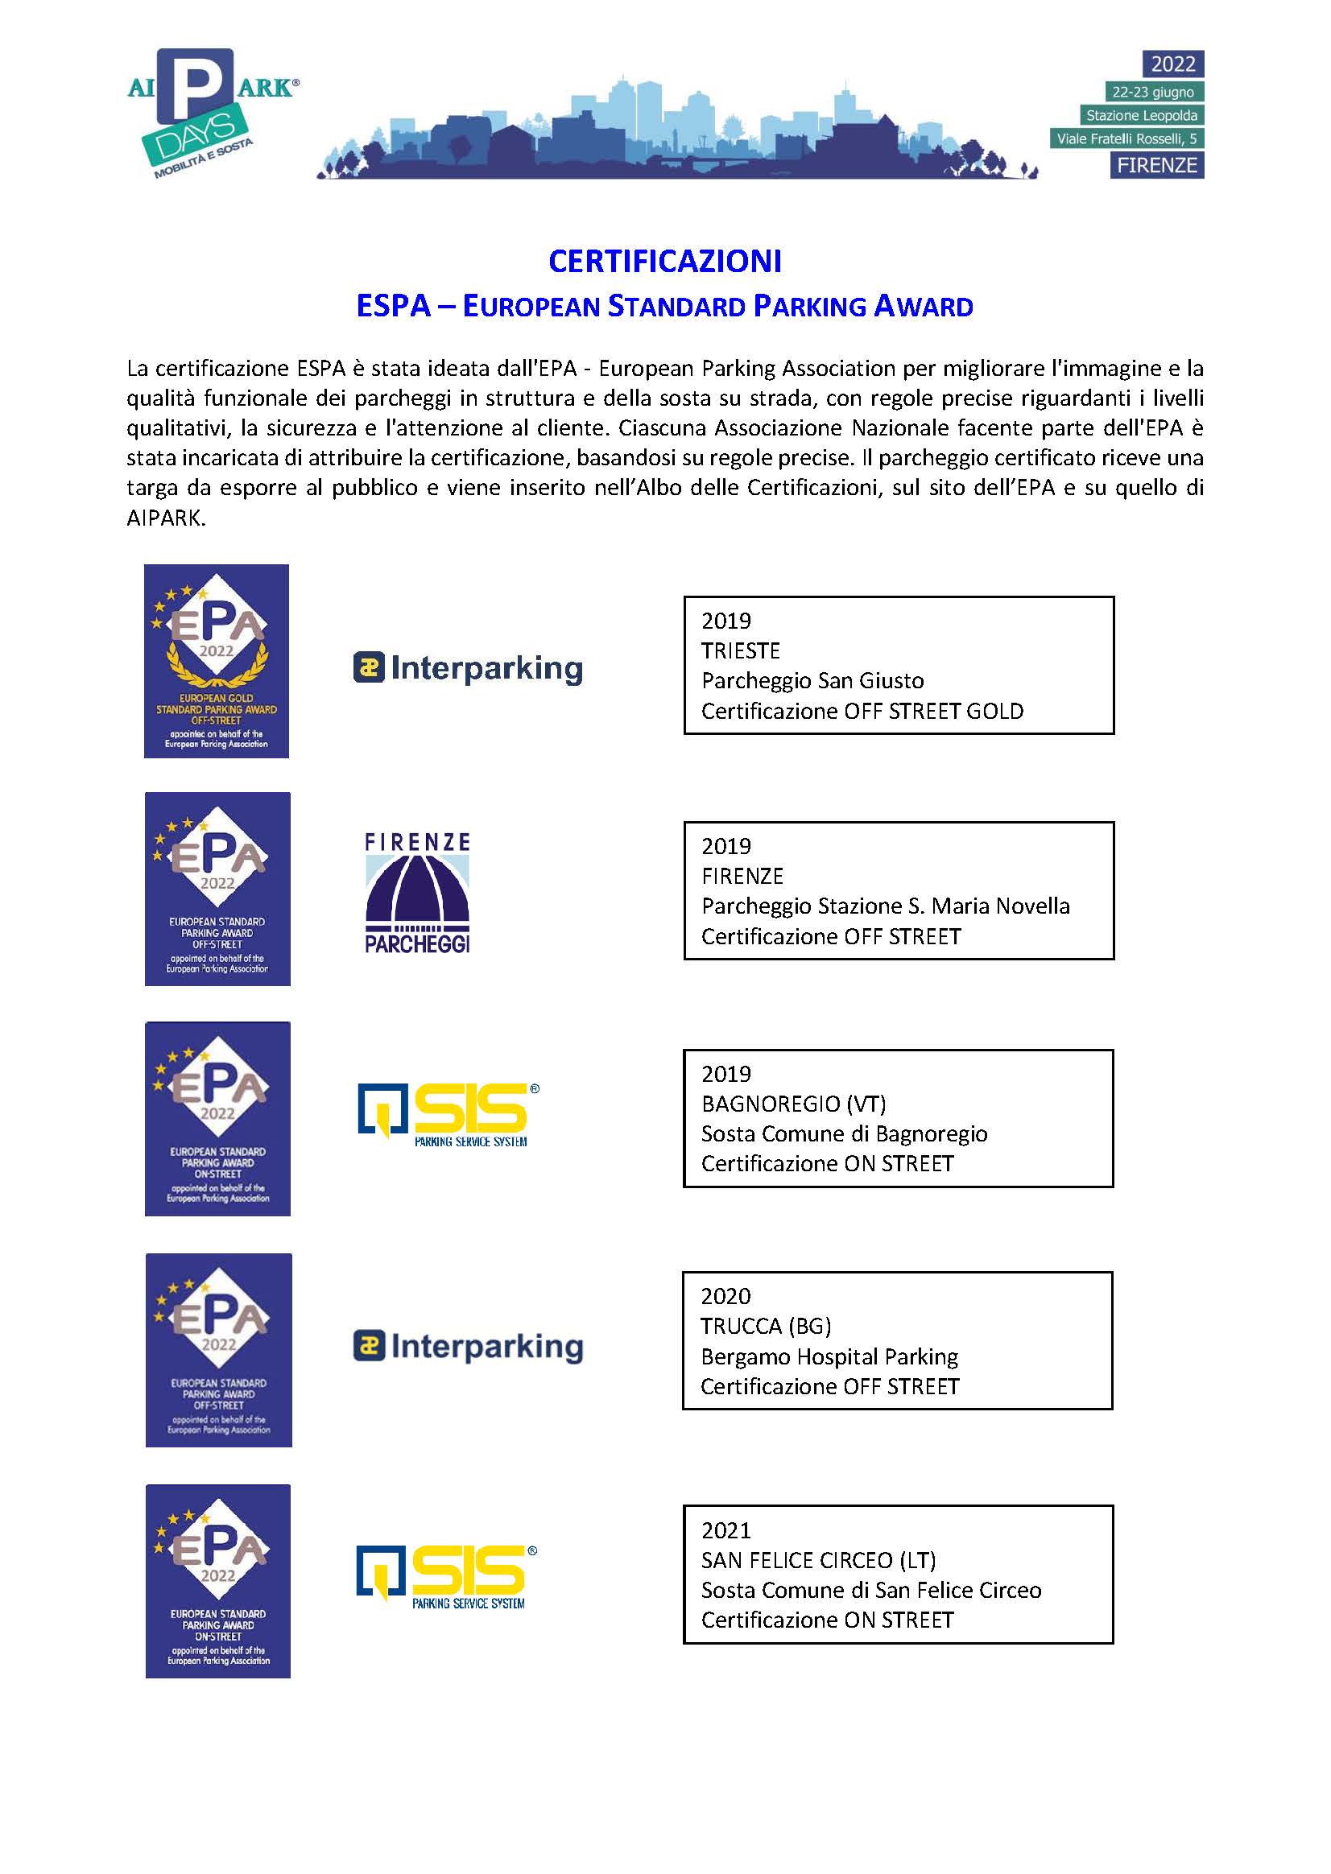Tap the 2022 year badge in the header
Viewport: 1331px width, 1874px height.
pyautogui.click(x=1173, y=64)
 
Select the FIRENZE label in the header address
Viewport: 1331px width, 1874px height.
pyautogui.click(x=1157, y=166)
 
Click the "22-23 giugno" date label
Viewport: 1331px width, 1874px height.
pyautogui.click(x=1152, y=92)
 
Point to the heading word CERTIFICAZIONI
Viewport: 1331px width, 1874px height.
pyautogui.click(x=664, y=262)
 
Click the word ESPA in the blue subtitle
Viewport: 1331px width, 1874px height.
pyautogui.click(x=394, y=307)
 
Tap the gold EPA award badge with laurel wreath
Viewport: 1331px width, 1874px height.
pyautogui.click(x=217, y=660)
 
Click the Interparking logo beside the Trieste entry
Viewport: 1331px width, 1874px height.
pyautogui.click(x=468, y=668)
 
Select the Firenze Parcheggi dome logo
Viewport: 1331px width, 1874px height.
pyautogui.click(x=417, y=893)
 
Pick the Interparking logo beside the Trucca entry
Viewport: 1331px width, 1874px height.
pyautogui.click(x=468, y=1346)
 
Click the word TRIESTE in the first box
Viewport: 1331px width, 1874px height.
pyautogui.click(x=740, y=650)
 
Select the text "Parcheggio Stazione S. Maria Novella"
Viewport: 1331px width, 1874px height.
pyautogui.click(x=885, y=906)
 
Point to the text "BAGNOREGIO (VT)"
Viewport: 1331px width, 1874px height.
pyautogui.click(x=793, y=1104)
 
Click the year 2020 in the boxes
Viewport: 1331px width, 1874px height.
pyautogui.click(x=725, y=1295)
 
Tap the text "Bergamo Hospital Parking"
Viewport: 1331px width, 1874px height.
pyautogui.click(x=829, y=1356)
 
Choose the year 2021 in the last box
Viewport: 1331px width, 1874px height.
pyautogui.click(x=725, y=1529)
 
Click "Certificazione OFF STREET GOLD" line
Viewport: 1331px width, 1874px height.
pyautogui.click(x=862, y=711)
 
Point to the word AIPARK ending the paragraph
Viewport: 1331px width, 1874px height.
pyautogui.click(x=164, y=518)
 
